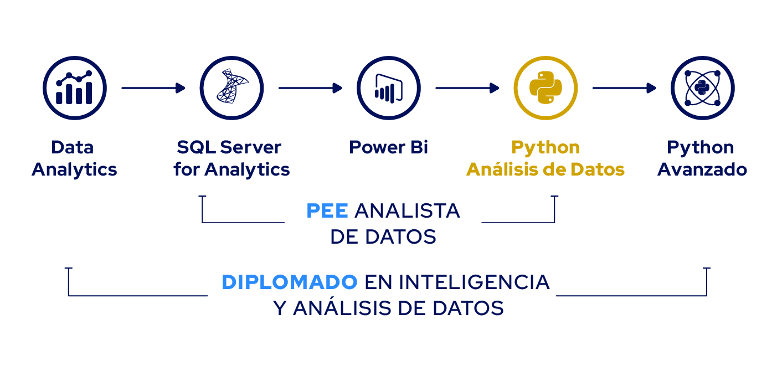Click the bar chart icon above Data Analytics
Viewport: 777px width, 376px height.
tap(75, 88)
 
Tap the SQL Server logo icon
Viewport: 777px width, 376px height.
tap(231, 88)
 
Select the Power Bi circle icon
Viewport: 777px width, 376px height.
tap(389, 88)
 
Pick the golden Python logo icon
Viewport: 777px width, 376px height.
tap(546, 88)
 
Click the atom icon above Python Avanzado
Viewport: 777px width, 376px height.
tap(703, 88)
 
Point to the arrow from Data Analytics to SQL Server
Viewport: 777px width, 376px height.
tap(153, 88)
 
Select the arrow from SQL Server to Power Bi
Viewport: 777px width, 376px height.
tap(311, 88)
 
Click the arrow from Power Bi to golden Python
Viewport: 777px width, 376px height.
tap(467, 88)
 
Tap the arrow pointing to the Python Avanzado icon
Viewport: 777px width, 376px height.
tap(624, 88)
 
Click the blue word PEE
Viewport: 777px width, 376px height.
tap(327, 211)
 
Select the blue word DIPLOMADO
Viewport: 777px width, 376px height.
tap(290, 282)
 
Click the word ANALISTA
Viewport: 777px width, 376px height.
tap(407, 211)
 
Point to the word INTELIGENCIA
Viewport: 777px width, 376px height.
tap(474, 282)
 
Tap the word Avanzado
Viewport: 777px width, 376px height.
tap(702, 169)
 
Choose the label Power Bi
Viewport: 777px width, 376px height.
tap(389, 147)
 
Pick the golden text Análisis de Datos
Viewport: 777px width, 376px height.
tap(546, 169)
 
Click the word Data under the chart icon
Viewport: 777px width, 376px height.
tap(73, 147)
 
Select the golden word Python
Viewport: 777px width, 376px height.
tap(546, 148)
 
